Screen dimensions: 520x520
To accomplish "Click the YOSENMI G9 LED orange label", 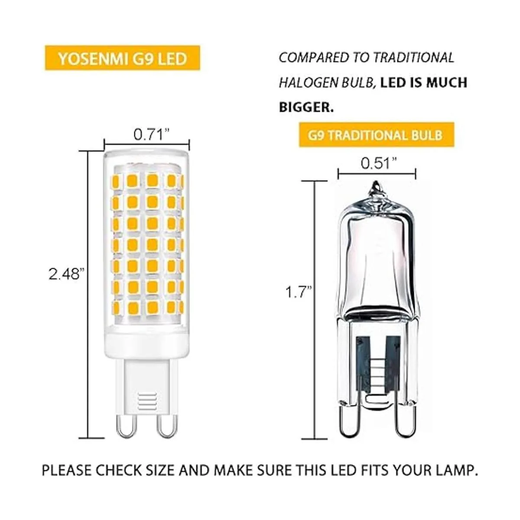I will (122, 58).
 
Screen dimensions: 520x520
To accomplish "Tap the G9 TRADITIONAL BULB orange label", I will (375, 135).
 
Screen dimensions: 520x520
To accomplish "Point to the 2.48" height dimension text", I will (65, 273).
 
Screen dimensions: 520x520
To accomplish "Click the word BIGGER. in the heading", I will (306, 107).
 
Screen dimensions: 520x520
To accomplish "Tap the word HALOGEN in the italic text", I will (303, 83).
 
